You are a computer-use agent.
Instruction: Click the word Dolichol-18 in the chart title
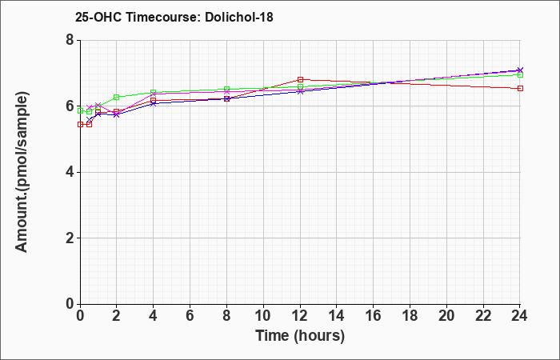click(239, 17)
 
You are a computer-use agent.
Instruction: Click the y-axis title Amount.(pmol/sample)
click(22, 172)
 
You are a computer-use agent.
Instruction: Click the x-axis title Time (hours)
click(300, 336)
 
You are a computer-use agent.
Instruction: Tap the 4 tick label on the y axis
click(70, 172)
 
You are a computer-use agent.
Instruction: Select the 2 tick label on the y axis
click(70, 238)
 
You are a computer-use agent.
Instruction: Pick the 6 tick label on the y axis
click(70, 106)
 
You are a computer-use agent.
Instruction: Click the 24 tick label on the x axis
click(520, 315)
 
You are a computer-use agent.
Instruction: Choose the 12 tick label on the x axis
click(300, 315)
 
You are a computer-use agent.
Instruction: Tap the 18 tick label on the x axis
click(410, 315)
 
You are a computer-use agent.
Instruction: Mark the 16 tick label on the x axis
click(374, 315)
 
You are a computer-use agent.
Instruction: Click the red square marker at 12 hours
click(300, 80)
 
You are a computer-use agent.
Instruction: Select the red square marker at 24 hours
click(520, 88)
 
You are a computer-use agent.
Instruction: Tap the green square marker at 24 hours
click(520, 74)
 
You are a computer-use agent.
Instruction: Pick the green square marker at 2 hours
click(117, 97)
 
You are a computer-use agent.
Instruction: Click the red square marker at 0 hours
click(80, 124)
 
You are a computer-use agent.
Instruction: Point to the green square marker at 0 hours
click(80, 110)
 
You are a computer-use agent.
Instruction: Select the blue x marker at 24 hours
click(520, 70)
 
